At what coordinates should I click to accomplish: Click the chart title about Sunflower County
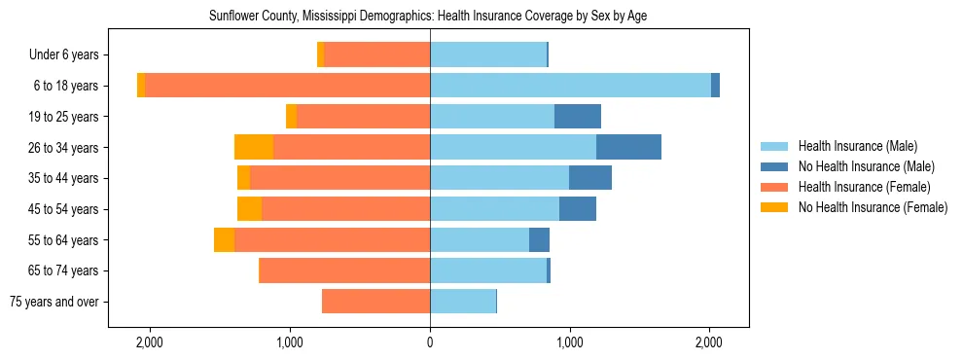pyautogui.click(x=428, y=17)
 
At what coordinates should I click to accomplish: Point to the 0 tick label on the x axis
pyautogui.click(x=430, y=342)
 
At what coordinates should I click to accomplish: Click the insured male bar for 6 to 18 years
pyautogui.click(x=570, y=86)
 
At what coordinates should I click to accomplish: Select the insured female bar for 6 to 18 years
pyautogui.click(x=287, y=86)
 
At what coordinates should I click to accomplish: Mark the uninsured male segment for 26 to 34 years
pyautogui.click(x=628, y=147)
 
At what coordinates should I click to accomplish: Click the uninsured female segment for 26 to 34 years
pyautogui.click(x=254, y=147)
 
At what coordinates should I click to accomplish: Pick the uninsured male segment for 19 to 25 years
pyautogui.click(x=578, y=117)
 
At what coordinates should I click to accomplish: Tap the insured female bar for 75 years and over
pyautogui.click(x=375, y=302)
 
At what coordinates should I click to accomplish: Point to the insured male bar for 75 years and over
pyautogui.click(x=463, y=302)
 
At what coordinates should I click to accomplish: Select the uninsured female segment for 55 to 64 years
pyautogui.click(x=224, y=239)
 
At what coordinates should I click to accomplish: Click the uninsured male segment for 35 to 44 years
pyautogui.click(x=590, y=178)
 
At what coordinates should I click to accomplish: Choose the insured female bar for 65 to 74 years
pyautogui.click(x=344, y=270)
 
